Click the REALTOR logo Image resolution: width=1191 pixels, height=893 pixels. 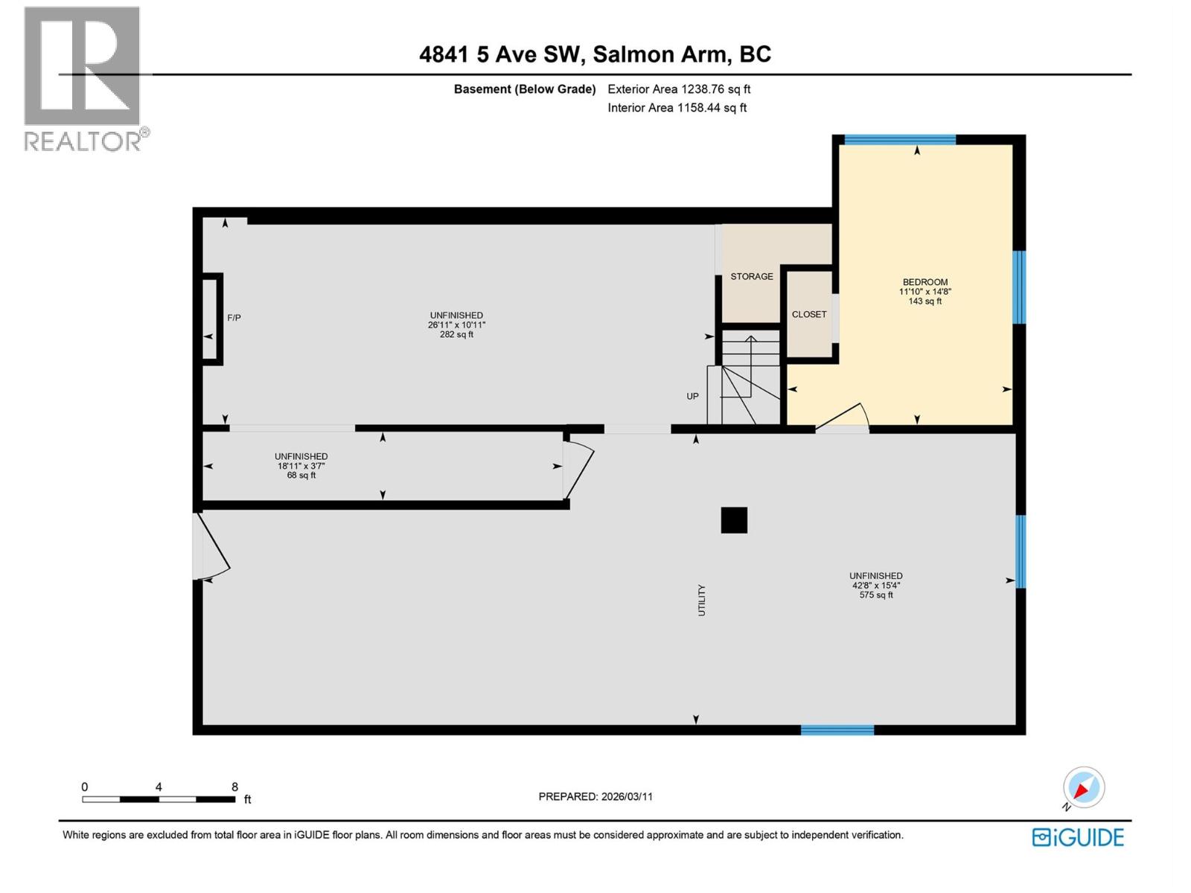point(83,78)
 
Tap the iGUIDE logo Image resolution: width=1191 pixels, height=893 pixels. point(1078,837)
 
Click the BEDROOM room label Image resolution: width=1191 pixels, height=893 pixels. point(925,282)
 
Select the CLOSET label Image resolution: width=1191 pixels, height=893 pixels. point(809,315)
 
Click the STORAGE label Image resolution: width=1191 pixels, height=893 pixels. point(751,277)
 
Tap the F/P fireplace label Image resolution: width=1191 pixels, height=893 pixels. point(234,318)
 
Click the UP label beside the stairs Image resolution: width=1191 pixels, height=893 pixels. point(692,397)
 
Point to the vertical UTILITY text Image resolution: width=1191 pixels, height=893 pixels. point(701,600)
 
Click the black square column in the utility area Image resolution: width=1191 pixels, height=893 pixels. point(734,520)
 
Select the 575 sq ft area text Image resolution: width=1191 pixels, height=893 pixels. point(875,595)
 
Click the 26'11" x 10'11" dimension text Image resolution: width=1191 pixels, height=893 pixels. point(456,325)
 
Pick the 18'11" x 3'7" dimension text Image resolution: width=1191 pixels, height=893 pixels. point(301,466)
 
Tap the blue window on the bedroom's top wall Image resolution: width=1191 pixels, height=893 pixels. point(899,139)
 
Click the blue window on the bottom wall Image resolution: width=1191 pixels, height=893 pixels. point(837,730)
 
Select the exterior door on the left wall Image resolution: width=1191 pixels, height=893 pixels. point(211,548)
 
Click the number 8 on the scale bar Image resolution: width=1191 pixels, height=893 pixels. point(234,787)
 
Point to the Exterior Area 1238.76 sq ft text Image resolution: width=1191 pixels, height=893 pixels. point(679,89)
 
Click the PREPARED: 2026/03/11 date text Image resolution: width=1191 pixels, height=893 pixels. point(595,796)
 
